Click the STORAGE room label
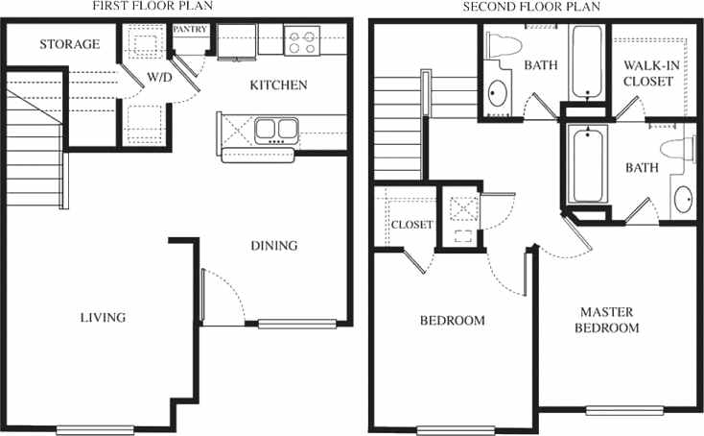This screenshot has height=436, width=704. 69,44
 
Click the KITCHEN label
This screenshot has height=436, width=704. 278,85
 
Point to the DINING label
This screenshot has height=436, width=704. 273,245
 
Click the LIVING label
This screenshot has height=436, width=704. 104,317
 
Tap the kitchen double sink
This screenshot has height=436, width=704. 277,129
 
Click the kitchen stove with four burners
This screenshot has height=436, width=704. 302,42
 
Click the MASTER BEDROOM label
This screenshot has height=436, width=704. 607,320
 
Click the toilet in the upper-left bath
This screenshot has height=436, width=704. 501,45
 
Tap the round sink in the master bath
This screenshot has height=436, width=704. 684,200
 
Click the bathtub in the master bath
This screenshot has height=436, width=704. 585,164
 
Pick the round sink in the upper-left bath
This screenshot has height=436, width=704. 499,93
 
